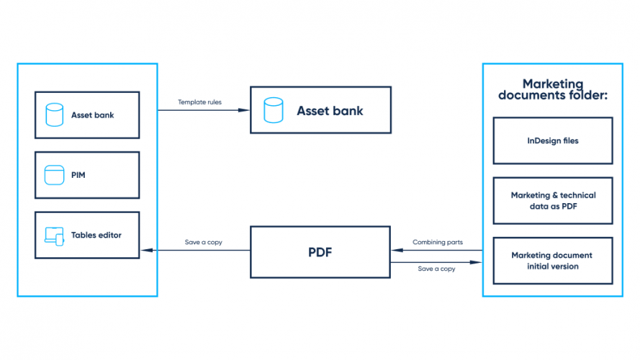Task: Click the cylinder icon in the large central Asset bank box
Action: point(273,111)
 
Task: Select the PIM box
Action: point(86,175)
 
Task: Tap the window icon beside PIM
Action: point(54,175)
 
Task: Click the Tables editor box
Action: point(86,235)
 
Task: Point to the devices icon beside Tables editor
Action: point(54,235)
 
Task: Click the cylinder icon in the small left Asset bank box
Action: point(54,114)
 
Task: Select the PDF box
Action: point(320,253)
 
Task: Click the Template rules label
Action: point(200,102)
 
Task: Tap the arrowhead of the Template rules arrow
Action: point(246,110)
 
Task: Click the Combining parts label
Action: point(437,242)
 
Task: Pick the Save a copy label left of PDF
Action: point(204,242)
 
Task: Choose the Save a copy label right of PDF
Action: point(437,269)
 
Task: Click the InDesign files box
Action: point(552,141)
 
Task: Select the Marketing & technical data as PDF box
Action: point(552,200)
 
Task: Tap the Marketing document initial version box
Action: point(552,260)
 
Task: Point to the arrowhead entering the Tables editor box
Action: point(144,251)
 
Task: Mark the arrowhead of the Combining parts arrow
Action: point(395,251)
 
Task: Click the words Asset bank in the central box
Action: point(330,111)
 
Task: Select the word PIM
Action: point(78,175)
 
